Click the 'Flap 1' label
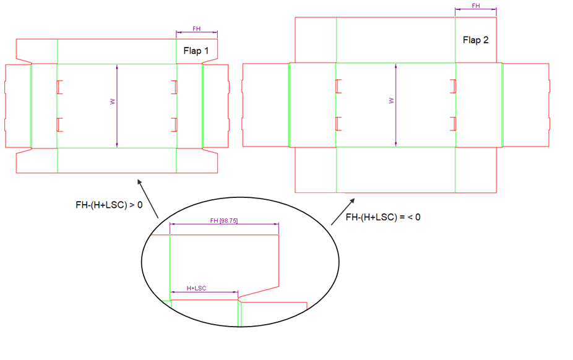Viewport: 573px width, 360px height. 196,51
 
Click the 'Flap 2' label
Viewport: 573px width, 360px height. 475,40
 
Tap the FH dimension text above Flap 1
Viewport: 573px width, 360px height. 196,28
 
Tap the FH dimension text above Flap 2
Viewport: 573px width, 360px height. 475,6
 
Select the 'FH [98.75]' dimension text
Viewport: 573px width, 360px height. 223,221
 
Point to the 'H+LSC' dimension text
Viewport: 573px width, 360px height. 196,288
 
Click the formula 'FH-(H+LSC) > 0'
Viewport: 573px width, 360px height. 109,205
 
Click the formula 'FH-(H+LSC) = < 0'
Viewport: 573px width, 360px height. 383,217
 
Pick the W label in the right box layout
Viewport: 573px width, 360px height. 390,101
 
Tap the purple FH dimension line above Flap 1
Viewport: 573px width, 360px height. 196,33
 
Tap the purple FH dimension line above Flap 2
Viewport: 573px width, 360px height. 475,9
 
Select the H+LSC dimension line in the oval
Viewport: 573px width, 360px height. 204,292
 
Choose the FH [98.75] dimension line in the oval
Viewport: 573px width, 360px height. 224,225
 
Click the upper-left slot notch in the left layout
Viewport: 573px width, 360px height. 59,87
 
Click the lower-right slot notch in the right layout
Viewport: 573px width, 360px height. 453,124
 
